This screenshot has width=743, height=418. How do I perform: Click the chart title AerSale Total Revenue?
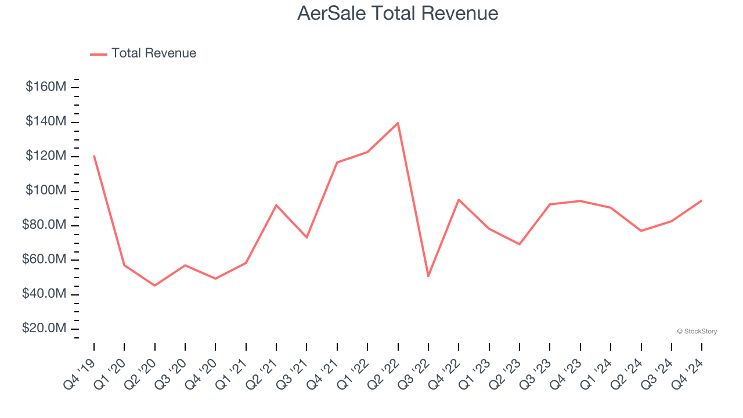(398, 13)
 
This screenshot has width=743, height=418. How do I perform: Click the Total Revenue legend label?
(154, 53)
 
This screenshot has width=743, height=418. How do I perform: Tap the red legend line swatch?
(99, 54)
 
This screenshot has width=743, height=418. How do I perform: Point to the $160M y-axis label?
(46, 87)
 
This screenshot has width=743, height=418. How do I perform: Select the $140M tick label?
(46, 122)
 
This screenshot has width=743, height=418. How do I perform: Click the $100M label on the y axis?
(46, 191)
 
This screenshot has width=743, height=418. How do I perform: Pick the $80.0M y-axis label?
(44, 225)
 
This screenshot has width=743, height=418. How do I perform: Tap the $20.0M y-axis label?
(44, 329)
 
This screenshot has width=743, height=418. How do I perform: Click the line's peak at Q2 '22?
(398, 123)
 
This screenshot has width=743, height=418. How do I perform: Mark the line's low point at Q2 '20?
(154, 286)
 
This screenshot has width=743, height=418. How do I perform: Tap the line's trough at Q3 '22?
(428, 276)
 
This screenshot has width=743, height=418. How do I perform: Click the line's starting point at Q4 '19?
(94, 156)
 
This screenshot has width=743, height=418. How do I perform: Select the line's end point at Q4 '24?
(701, 201)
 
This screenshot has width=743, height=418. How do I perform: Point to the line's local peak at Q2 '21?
(276, 205)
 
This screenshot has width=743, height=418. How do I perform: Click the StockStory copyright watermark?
(697, 331)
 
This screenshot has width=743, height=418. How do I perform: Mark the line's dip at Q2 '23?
(520, 244)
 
